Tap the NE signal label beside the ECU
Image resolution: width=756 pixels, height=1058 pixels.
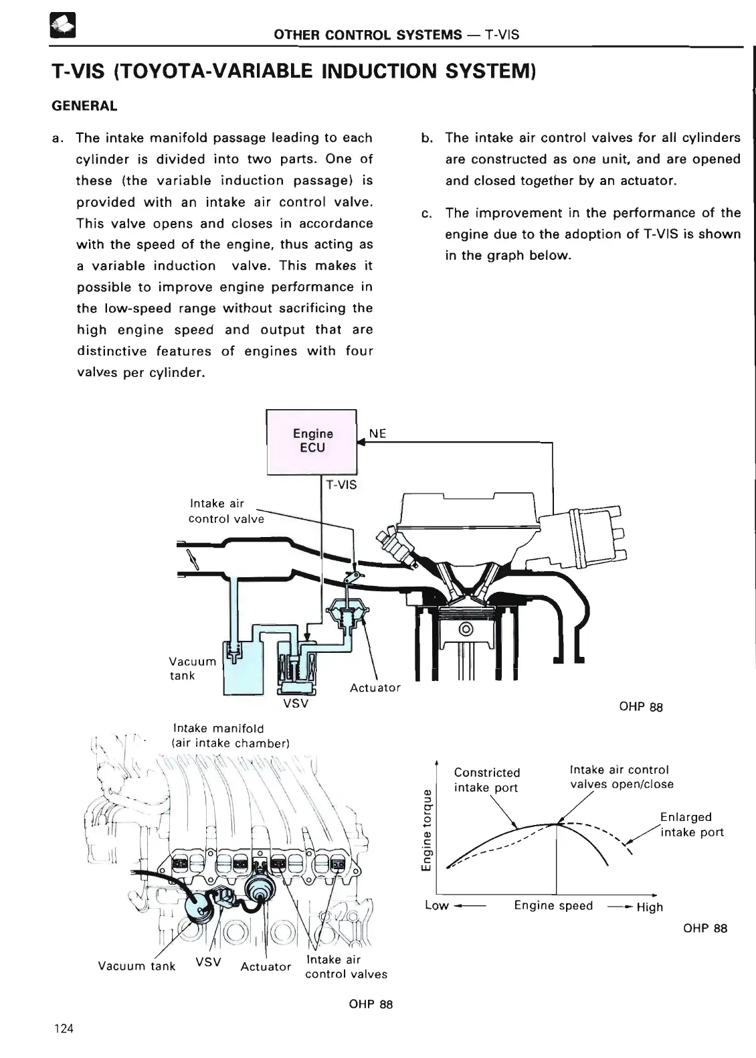click(377, 433)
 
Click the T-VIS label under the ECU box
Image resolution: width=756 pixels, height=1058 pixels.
click(341, 485)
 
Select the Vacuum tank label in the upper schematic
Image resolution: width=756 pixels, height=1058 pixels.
click(193, 668)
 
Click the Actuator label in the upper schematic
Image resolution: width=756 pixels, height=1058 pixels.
click(375, 688)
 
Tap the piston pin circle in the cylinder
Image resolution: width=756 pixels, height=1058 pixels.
click(467, 629)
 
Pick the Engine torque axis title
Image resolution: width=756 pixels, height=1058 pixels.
click(426, 830)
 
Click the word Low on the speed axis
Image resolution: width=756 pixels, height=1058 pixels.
click(436, 906)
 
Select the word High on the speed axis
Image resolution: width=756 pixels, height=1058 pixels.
click(650, 907)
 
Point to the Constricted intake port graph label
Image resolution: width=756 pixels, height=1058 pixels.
click(486, 780)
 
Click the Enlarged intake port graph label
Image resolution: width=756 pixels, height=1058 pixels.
click(690, 824)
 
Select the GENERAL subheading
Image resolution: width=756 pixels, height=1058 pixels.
click(84, 106)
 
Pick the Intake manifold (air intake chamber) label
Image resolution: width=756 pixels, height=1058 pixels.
click(230, 735)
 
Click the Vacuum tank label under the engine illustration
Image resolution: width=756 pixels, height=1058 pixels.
click(136, 966)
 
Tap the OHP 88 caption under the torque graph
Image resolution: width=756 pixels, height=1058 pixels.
click(705, 928)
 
